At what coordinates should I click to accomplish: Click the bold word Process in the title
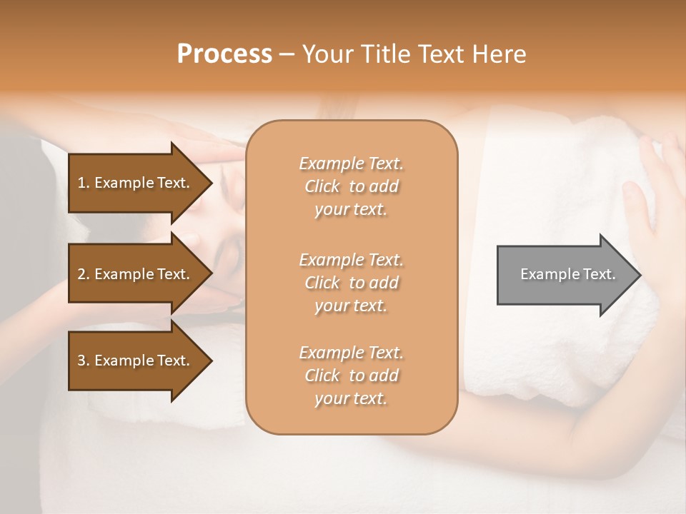224,54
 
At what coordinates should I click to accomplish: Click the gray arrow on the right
565,274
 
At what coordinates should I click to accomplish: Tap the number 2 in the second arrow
81,274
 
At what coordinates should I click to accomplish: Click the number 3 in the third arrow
81,361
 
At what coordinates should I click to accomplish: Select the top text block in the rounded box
351,186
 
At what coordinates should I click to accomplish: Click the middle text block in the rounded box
351,283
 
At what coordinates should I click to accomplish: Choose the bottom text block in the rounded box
351,376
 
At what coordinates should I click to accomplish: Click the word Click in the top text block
322,186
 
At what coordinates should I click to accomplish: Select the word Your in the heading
327,54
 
